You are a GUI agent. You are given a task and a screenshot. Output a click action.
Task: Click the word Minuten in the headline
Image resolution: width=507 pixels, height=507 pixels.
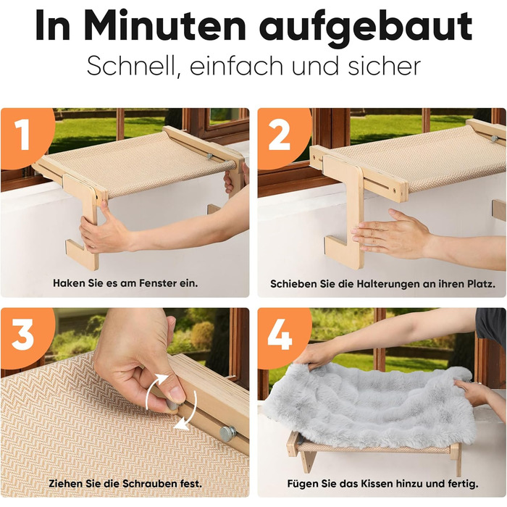click(x=165, y=26)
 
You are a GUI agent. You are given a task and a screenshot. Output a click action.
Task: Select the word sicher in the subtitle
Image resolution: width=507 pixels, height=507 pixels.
click(x=384, y=66)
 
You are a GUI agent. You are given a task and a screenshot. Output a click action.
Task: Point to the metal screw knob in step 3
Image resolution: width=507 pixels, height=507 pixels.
click(x=227, y=433)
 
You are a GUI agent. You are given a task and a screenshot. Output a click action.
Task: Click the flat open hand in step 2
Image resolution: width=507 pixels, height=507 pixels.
click(x=391, y=233)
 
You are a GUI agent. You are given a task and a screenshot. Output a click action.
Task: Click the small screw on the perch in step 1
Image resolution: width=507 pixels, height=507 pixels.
click(x=210, y=156)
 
